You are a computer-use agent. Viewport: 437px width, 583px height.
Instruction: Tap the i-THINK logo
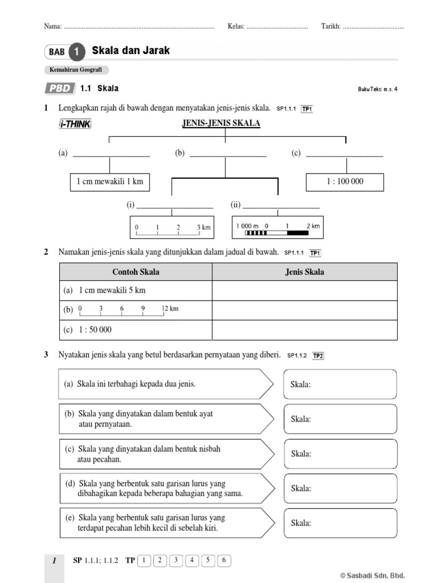(75, 125)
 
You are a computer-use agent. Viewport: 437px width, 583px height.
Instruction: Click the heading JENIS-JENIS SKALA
(221, 124)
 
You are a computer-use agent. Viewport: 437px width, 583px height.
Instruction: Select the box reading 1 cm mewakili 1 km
(110, 182)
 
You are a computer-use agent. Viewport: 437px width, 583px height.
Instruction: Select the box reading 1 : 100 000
(345, 182)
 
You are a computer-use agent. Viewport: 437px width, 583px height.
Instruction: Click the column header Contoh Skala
(135, 272)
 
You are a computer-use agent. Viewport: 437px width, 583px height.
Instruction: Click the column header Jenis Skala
(304, 272)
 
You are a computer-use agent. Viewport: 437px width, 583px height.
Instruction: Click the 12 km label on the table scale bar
(170, 309)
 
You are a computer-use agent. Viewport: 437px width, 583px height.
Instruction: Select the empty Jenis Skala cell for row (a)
(304, 290)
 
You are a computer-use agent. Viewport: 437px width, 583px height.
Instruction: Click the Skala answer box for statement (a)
(340, 384)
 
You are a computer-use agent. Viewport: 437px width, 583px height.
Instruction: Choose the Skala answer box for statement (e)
(340, 523)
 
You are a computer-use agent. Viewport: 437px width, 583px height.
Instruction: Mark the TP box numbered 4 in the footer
(192, 561)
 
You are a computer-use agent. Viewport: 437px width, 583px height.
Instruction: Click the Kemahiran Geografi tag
(76, 70)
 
